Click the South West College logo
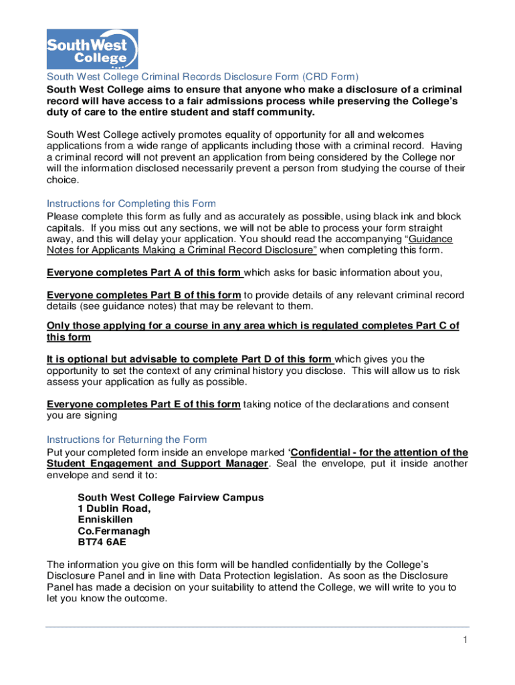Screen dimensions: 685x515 tap(92, 49)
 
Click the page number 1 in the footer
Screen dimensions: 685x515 tap(463, 640)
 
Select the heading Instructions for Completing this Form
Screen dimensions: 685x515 tap(131, 203)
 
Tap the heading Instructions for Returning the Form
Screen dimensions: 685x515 tap(126, 439)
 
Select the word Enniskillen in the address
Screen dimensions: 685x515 tap(105, 520)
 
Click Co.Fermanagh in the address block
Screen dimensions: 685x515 tap(114, 531)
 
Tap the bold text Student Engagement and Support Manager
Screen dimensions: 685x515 tap(157, 464)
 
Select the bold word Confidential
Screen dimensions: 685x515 tap(323, 452)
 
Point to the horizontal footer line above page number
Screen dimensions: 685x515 tap(257, 627)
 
